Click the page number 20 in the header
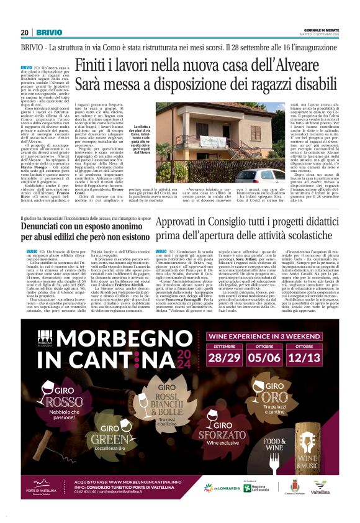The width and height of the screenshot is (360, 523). click(24, 32)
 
